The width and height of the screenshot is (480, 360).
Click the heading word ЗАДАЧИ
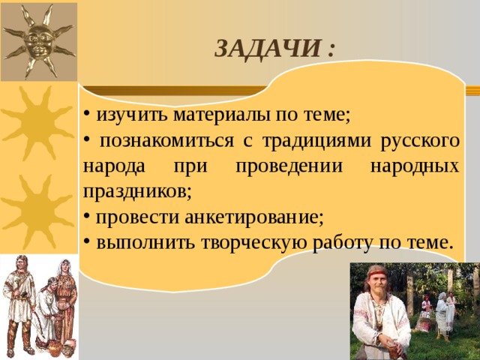268,49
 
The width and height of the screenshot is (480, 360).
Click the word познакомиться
166,141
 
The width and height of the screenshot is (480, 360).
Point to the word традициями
316,142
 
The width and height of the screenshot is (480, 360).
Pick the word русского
420,142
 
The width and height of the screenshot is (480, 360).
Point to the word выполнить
145,243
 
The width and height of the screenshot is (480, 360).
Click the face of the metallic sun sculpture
39,40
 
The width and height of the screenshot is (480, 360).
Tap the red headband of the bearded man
378,272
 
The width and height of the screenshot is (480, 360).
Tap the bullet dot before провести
87,216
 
